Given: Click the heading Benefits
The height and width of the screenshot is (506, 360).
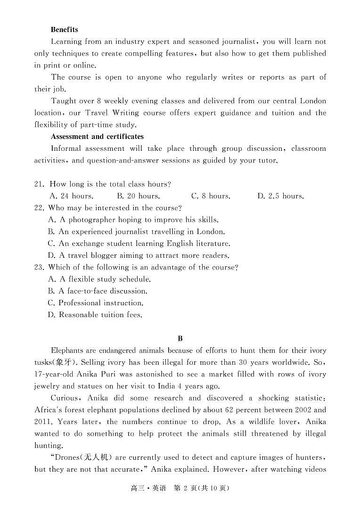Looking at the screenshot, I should [x=64, y=30].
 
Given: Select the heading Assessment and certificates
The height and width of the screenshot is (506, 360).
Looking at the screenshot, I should [x=97, y=137].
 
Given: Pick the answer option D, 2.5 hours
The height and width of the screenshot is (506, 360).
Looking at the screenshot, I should [x=280, y=196].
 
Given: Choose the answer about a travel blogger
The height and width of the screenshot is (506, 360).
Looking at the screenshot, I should [x=139, y=255].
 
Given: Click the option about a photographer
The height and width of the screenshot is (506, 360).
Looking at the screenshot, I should [x=133, y=220].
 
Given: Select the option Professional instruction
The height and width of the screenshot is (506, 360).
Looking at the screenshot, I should [x=95, y=303].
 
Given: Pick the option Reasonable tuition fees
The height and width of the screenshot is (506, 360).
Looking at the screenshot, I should [x=95, y=315].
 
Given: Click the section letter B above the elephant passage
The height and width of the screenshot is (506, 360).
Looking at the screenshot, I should [x=180, y=339].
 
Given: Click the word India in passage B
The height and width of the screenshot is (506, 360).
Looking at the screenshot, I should [x=163, y=386].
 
